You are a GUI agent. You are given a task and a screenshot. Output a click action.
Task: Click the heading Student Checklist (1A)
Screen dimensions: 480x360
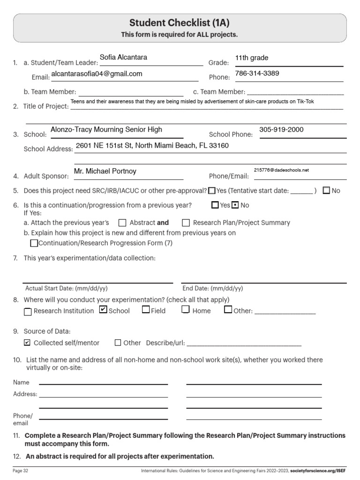tap(180, 23)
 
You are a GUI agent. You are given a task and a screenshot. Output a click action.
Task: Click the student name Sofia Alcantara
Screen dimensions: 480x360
tap(123, 58)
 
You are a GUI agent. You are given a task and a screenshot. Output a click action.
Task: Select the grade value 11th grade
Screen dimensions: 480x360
tap(252, 58)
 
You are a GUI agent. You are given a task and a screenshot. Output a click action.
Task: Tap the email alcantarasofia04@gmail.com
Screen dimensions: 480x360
tap(97, 74)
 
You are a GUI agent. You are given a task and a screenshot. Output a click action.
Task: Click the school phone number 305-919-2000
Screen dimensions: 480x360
tap(281, 130)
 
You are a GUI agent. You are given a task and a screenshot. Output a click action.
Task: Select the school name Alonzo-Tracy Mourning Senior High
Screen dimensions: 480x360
tap(106, 130)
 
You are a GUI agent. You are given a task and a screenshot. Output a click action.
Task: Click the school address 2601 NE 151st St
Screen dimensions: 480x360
tap(152, 146)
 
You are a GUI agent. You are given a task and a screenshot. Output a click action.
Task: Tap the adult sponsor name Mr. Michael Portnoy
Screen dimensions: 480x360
tap(105, 172)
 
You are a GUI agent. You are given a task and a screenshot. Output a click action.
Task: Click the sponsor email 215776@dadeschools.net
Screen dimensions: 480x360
tap(281, 171)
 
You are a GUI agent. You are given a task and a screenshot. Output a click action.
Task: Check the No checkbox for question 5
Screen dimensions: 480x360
tap(327, 190)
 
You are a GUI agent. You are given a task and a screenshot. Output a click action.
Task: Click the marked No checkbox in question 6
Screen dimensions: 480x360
tap(235, 205)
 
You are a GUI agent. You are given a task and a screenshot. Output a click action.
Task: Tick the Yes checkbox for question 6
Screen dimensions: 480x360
tap(215, 205)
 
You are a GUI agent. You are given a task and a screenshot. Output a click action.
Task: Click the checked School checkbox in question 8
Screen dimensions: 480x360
tap(103, 310)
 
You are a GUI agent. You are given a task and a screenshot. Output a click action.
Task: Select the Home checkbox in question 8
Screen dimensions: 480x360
tap(186, 309)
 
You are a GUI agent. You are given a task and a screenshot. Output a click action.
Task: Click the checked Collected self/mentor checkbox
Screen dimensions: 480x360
tap(27, 343)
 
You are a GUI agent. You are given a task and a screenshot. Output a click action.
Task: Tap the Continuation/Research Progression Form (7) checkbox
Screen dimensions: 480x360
tap(34, 243)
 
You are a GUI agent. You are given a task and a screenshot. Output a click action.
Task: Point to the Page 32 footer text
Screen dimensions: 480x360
tap(21, 470)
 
